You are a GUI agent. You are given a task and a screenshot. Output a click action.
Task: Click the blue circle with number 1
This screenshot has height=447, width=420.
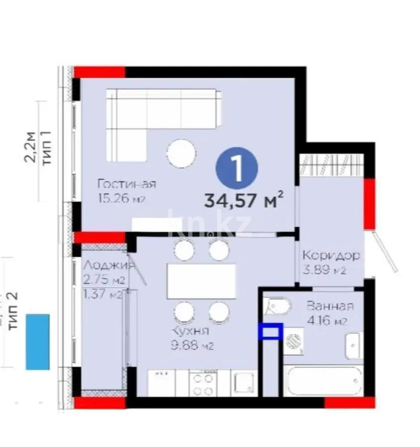(237, 169)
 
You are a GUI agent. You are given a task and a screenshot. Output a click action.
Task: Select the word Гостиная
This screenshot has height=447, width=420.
(127, 184)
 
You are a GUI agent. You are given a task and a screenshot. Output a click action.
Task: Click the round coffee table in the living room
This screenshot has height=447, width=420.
(181, 153)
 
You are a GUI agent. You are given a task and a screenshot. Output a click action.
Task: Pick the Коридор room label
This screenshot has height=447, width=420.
(331, 256)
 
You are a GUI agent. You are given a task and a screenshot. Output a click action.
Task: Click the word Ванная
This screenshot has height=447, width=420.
(330, 306)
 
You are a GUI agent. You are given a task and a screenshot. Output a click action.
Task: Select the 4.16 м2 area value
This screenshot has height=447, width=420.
(327, 320)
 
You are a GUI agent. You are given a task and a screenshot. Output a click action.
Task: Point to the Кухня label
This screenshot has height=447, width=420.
(190, 331)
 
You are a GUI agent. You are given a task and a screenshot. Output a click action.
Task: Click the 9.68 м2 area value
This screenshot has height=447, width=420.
(192, 346)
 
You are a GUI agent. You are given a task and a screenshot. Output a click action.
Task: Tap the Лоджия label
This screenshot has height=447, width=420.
(107, 264)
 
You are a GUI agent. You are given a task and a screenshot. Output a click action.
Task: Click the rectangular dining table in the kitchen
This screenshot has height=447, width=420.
(201, 281)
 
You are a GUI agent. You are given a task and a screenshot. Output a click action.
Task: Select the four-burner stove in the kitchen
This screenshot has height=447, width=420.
(202, 383)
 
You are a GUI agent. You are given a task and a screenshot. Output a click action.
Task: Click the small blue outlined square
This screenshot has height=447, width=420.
(270, 331)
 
